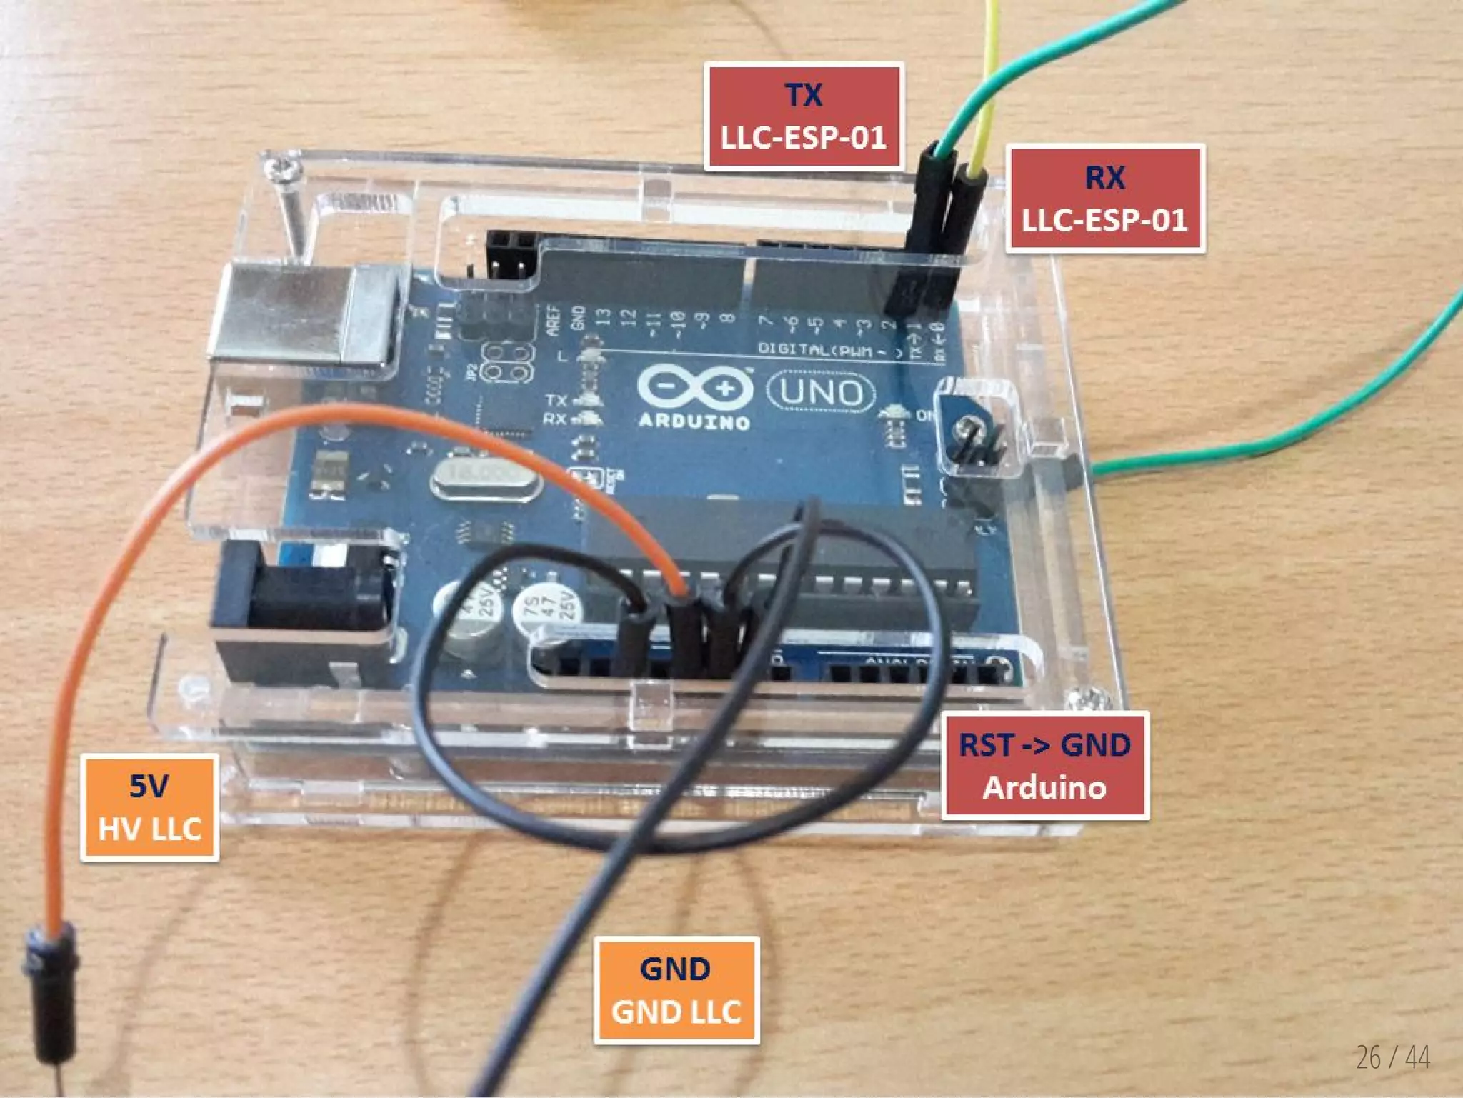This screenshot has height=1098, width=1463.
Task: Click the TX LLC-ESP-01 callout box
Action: pyautogui.click(x=804, y=116)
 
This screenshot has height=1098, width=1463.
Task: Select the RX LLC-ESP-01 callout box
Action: pyautogui.click(x=1104, y=199)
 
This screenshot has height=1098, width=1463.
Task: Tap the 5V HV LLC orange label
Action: pyautogui.click(x=149, y=807)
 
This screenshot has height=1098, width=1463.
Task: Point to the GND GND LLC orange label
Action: pyautogui.click(x=676, y=991)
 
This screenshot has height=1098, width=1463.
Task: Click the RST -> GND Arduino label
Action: pyautogui.click(x=1044, y=766)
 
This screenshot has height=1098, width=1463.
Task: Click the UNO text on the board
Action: pyautogui.click(x=822, y=392)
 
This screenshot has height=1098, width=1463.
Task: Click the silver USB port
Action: pyautogui.click(x=304, y=314)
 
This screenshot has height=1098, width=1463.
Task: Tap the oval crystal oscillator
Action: pyautogui.click(x=486, y=475)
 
